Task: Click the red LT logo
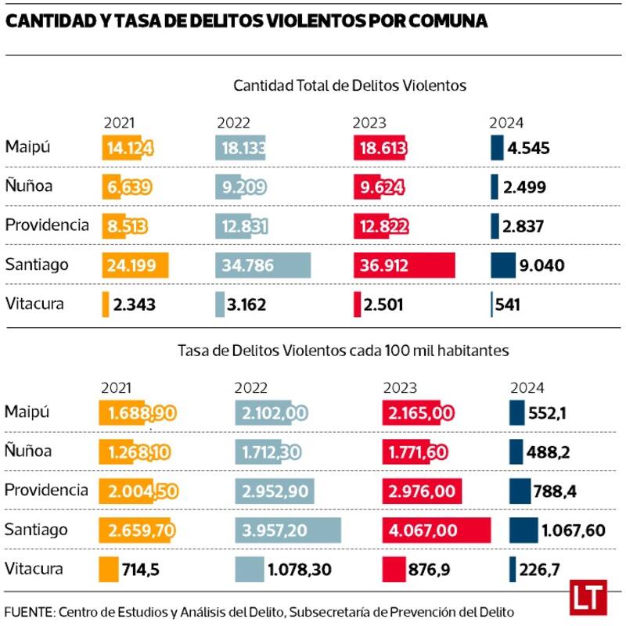(x=588, y=597)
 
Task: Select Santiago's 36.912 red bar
(x=404, y=265)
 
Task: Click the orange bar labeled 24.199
(x=135, y=265)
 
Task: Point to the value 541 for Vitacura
(x=508, y=304)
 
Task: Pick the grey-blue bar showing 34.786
(x=263, y=265)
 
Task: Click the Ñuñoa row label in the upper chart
(x=28, y=186)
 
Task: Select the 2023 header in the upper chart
(x=369, y=123)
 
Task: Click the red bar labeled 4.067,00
(x=436, y=531)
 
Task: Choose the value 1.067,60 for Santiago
(x=574, y=531)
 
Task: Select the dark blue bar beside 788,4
(x=520, y=491)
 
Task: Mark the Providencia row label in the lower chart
(x=46, y=490)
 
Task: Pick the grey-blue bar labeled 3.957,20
(x=288, y=531)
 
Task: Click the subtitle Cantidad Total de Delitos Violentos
(x=349, y=85)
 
